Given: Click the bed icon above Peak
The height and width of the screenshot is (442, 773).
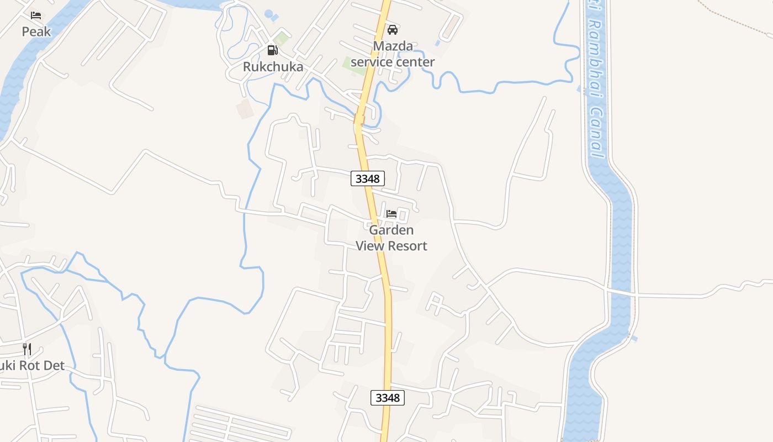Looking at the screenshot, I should point(36,15).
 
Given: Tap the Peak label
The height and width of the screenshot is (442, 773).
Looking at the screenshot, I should point(36,31).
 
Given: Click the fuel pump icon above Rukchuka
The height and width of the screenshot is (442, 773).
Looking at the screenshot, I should point(272,50).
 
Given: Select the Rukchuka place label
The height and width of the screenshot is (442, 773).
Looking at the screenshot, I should point(273,67).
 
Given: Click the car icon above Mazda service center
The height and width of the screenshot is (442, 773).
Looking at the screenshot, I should point(393,29).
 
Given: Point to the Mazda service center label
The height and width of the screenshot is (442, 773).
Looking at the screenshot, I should point(393,54).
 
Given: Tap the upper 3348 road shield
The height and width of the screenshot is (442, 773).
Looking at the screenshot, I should point(367,178).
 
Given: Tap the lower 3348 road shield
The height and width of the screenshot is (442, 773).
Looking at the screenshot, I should point(387,398).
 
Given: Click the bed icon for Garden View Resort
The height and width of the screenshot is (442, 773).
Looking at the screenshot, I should point(391,213).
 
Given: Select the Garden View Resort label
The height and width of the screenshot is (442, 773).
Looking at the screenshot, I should point(391,238).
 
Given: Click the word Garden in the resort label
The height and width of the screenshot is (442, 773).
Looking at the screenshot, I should point(391,230).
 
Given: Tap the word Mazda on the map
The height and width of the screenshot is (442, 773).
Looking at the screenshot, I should point(393,46).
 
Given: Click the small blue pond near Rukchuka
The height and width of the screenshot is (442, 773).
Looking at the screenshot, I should point(269,13).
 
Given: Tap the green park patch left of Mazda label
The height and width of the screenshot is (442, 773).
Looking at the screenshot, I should point(352,62).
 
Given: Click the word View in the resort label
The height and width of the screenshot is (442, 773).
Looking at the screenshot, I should point(370,246).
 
